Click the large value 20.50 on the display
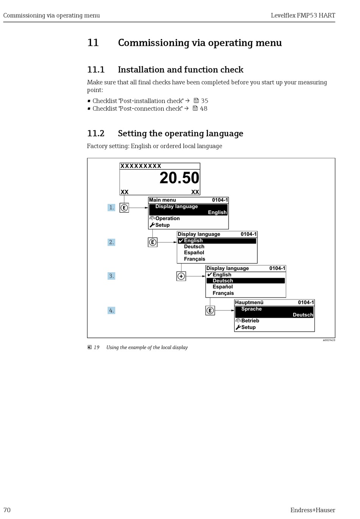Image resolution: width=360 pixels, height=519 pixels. pyautogui.click(x=179, y=178)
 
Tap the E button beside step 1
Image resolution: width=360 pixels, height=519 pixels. pyautogui.click(x=124, y=208)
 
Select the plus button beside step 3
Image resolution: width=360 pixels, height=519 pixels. pyautogui.click(x=181, y=276)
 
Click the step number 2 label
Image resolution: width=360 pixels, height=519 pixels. pyautogui.click(x=111, y=242)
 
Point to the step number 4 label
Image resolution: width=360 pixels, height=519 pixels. pyautogui.click(x=111, y=310)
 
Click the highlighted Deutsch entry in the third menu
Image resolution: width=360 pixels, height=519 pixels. pyautogui.click(x=223, y=281)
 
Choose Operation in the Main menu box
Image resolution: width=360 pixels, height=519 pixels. pyautogui.click(x=167, y=218)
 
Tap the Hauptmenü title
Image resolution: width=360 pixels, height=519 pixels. pyautogui.click(x=249, y=303)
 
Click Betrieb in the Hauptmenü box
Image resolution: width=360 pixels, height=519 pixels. pyautogui.click(x=250, y=321)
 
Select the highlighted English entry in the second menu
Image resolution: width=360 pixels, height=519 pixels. pyautogui.click(x=193, y=241)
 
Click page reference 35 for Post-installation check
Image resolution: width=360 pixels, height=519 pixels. pyautogui.click(x=204, y=101)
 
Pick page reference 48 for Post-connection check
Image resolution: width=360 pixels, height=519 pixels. pyautogui.click(x=203, y=108)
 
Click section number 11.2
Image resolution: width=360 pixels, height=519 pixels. pyautogui.click(x=95, y=133)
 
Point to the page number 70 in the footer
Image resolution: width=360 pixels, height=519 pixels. pyautogui.click(x=7, y=510)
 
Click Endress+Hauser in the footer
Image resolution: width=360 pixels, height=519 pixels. pyautogui.click(x=313, y=510)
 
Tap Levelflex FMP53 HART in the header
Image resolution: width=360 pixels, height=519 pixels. pyautogui.click(x=303, y=16)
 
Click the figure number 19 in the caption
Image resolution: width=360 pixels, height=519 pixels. pyautogui.click(x=97, y=347)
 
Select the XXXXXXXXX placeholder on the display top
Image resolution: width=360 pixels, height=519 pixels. pyautogui.click(x=141, y=166)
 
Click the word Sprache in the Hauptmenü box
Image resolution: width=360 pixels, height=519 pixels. pyautogui.click(x=251, y=309)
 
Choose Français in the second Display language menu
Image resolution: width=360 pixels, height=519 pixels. pyautogui.click(x=194, y=259)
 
